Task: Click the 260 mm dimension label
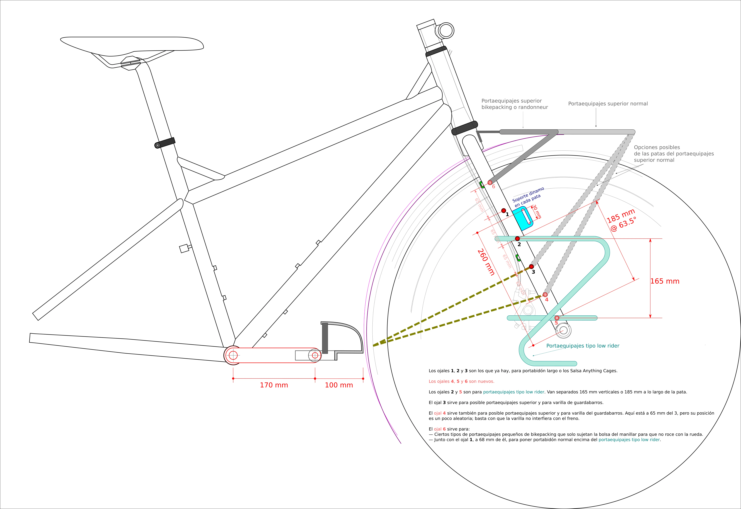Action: coord(486,262)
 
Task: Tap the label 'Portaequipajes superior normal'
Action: coord(608,104)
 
